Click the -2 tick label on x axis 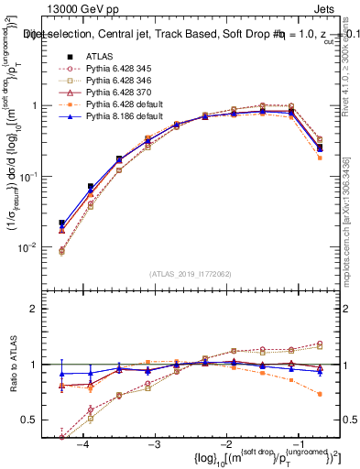click(x=224, y=442)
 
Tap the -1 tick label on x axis click(x=295, y=442)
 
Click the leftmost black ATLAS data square click(x=61, y=223)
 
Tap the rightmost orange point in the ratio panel click(x=319, y=394)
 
